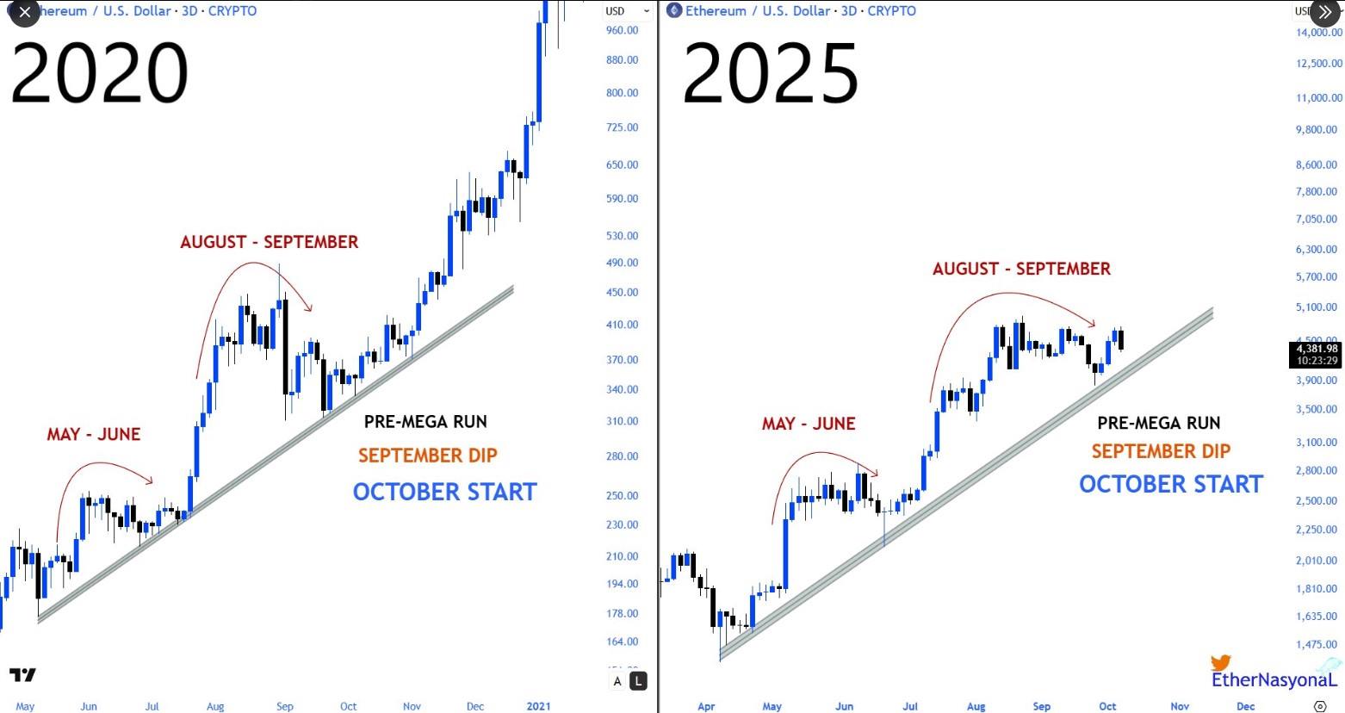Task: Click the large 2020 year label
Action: click(99, 74)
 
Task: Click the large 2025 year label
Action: click(771, 74)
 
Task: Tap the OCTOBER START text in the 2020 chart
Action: click(444, 492)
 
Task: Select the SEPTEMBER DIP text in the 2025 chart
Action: click(1161, 451)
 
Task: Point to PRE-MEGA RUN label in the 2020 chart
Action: click(425, 422)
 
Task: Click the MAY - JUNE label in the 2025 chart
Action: click(808, 424)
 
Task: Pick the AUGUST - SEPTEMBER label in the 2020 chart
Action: click(269, 242)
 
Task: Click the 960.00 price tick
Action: click(622, 30)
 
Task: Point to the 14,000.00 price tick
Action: click(1319, 33)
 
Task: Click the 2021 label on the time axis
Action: click(538, 706)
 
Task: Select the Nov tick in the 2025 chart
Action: click(1180, 706)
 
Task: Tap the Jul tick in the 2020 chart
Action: click(152, 706)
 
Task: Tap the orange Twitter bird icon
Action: click(1220, 662)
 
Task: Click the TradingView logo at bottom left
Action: click(23, 675)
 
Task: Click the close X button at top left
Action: click(23, 12)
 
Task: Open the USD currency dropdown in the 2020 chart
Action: click(627, 11)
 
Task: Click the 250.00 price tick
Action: click(622, 496)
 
